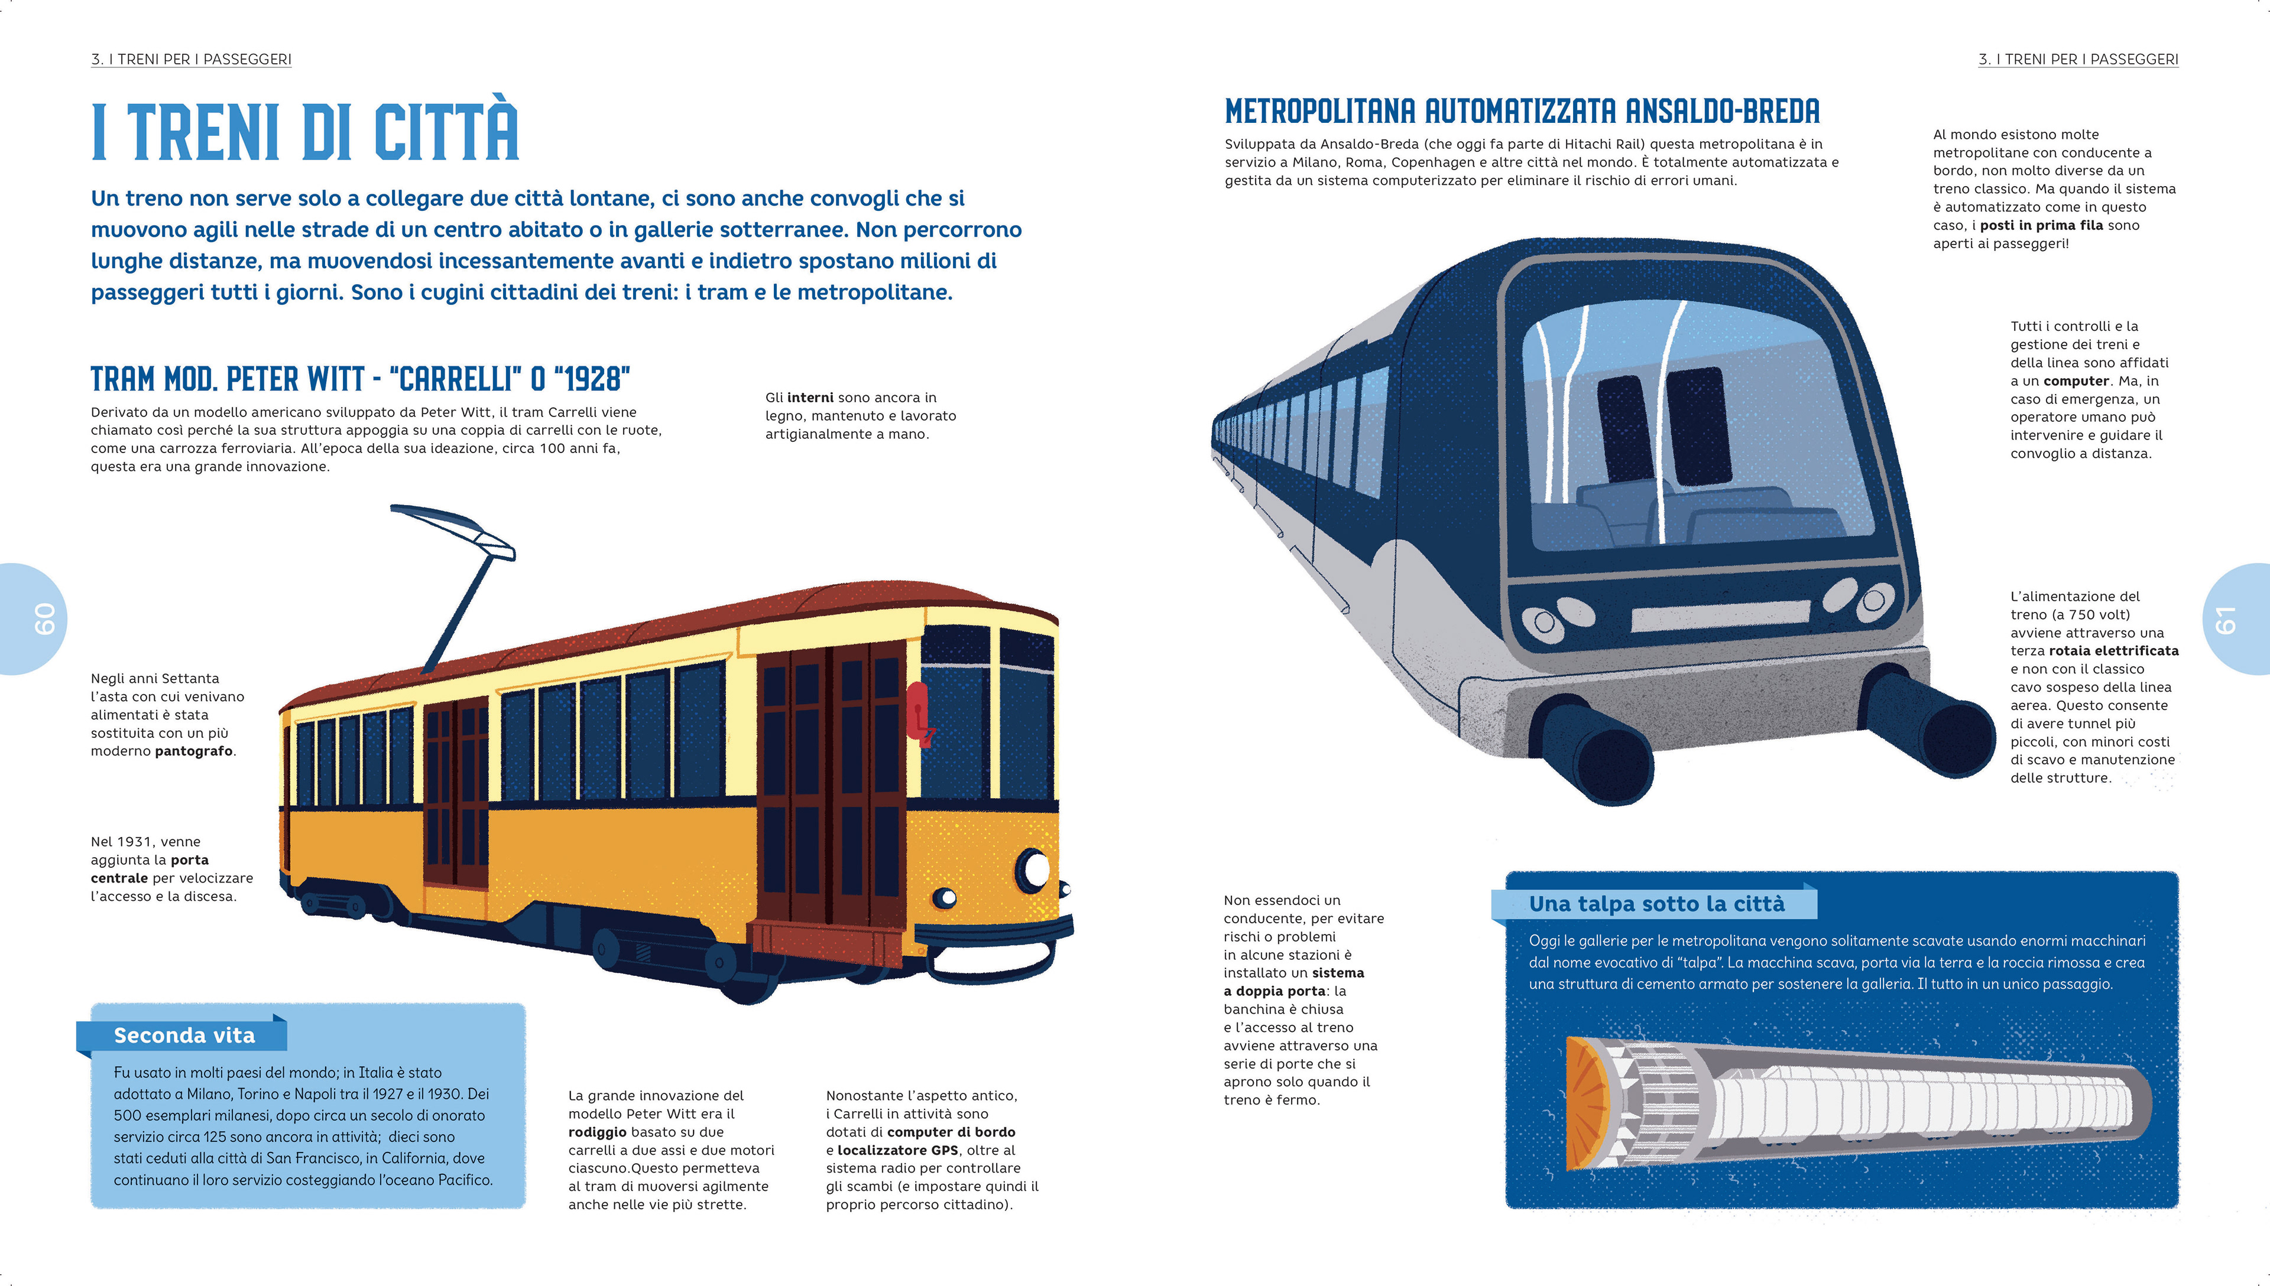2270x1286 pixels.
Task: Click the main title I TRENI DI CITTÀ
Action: pos(305,132)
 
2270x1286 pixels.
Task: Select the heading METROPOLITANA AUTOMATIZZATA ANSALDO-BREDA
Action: pos(1522,112)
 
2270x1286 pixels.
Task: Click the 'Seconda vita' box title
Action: pos(184,1035)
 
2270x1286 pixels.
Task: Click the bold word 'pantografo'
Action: pos(194,751)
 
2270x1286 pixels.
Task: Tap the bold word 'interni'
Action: pos(810,398)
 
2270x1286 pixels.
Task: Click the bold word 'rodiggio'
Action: pos(597,1131)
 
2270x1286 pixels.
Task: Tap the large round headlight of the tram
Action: pos(1034,870)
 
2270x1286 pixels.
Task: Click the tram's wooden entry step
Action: pos(826,943)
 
